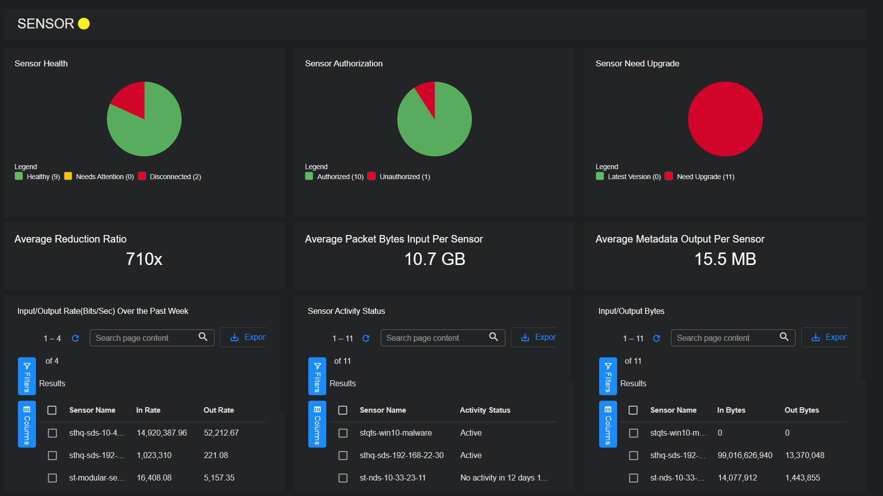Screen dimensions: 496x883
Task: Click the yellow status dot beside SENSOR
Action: [84, 23]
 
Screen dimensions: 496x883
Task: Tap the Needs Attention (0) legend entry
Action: [100, 177]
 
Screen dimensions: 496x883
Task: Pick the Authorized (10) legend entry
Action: [335, 177]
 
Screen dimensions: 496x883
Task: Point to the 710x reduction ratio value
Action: [144, 259]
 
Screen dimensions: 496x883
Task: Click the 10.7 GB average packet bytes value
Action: [435, 259]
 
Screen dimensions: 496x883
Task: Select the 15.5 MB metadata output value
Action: [725, 259]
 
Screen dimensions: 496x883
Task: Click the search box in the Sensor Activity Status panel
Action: [434, 338]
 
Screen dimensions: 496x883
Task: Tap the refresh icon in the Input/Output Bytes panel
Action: [657, 338]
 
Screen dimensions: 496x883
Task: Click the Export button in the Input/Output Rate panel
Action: [248, 337]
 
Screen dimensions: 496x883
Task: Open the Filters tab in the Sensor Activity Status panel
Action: [317, 376]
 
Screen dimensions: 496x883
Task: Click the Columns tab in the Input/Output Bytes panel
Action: [608, 424]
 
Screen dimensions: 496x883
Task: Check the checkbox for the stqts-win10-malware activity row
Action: [343, 433]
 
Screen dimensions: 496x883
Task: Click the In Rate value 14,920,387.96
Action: [162, 433]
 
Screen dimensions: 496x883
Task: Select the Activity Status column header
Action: [485, 410]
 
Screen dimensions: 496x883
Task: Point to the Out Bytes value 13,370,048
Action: [804, 455]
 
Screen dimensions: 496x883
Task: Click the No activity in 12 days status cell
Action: [504, 478]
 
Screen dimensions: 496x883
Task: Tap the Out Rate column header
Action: [219, 410]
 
